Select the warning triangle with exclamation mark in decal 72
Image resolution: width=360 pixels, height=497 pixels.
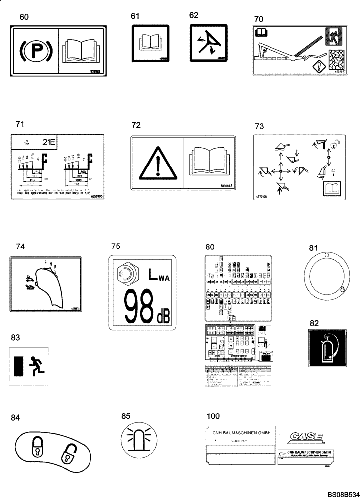pyautogui.click(x=157, y=162)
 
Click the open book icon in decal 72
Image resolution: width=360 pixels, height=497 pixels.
pyautogui.click(x=208, y=161)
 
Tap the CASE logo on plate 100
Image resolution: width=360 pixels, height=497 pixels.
pyautogui.click(x=305, y=437)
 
